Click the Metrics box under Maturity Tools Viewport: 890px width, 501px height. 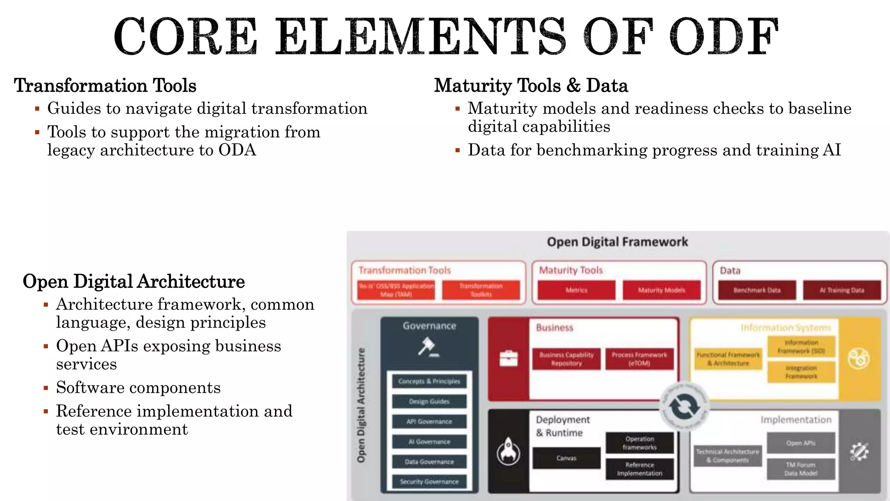pyautogui.click(x=576, y=290)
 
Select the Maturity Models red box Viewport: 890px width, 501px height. pyautogui.click(x=661, y=290)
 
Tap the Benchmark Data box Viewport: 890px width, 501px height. pyautogui.click(x=757, y=290)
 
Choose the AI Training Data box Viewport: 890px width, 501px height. pyautogui.click(x=842, y=290)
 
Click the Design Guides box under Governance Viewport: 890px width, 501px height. pyautogui.click(x=429, y=401)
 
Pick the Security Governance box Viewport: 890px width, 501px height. pyautogui.click(x=429, y=481)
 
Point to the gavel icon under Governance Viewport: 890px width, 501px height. pyautogui.click(x=428, y=347)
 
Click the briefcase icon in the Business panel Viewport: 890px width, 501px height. pyautogui.click(x=508, y=358)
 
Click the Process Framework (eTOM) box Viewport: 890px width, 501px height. pyautogui.click(x=639, y=359)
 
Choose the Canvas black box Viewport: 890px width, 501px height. pyautogui.click(x=566, y=458)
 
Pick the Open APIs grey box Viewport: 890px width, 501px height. pyautogui.click(x=800, y=443)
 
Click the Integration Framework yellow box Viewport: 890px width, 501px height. pyautogui.click(x=801, y=372)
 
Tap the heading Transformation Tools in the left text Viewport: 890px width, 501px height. pyautogui.click(x=105, y=85)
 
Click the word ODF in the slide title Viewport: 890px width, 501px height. pyautogui.click(x=724, y=37)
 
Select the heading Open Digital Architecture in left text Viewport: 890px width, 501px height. pyautogui.click(x=133, y=281)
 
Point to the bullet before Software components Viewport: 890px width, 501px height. pyautogui.click(x=46, y=387)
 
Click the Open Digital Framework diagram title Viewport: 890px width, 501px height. pyautogui.click(x=617, y=242)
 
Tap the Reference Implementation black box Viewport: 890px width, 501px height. pyautogui.click(x=639, y=469)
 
